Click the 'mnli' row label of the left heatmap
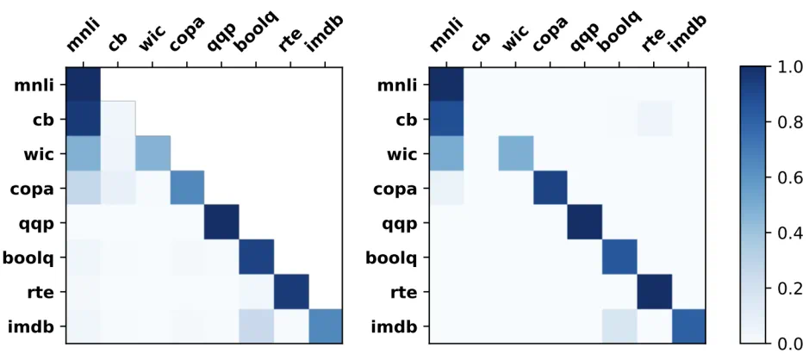[x=35, y=84]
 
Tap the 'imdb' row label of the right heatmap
[x=398, y=326]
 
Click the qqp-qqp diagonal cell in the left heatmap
[x=221, y=222]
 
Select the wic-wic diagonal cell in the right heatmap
[x=516, y=153]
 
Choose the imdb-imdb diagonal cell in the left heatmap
[x=325, y=326]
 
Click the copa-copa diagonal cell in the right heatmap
[x=551, y=188]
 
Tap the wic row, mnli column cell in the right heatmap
[x=446, y=153]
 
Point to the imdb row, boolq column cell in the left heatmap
[x=256, y=326]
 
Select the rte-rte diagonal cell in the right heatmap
[x=654, y=292]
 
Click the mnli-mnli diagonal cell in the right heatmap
[x=446, y=84]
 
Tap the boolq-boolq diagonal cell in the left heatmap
[x=256, y=257]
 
